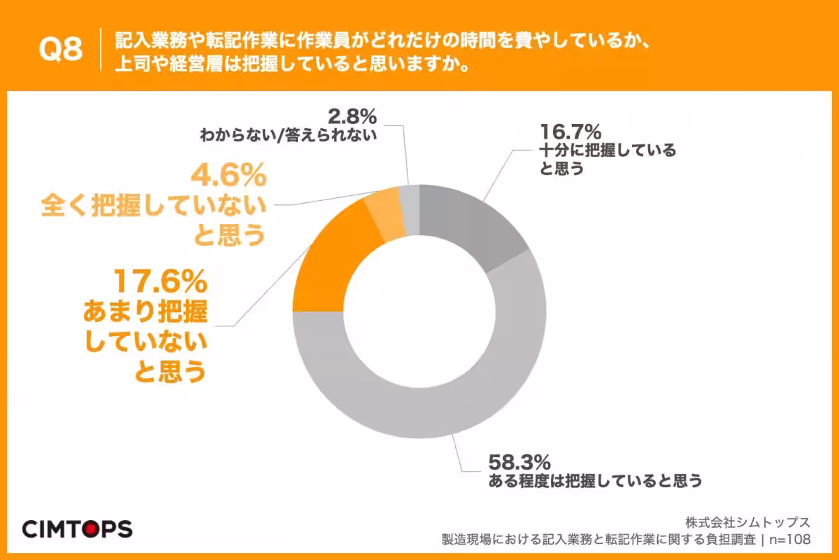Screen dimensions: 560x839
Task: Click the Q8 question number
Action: [x=60, y=49]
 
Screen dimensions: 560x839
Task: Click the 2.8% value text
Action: [x=354, y=115]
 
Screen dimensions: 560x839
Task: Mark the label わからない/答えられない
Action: [x=287, y=134]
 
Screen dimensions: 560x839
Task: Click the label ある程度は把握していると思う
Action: [x=594, y=482]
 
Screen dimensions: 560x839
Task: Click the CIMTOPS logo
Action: [x=77, y=528]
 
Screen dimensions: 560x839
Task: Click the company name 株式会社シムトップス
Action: [x=747, y=522]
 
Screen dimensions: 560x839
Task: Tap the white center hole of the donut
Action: [x=419, y=311]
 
